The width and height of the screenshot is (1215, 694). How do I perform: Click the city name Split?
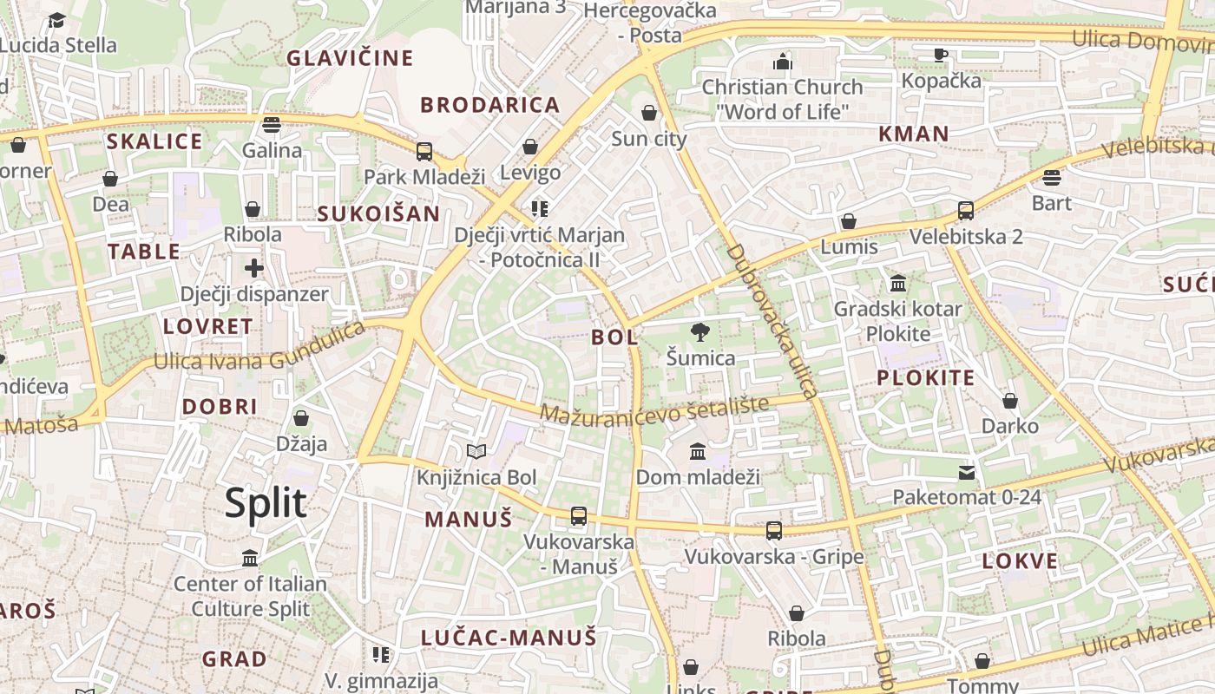pyautogui.click(x=266, y=503)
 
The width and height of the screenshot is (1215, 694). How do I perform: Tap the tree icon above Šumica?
pyautogui.click(x=699, y=332)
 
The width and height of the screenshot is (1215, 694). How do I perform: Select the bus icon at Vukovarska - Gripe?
pyautogui.click(x=773, y=531)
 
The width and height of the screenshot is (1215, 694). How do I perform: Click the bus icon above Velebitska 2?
pyautogui.click(x=965, y=211)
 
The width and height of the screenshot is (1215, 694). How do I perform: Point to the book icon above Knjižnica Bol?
pyautogui.click(x=476, y=451)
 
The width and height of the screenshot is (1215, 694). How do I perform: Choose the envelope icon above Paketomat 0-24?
pyautogui.click(x=967, y=473)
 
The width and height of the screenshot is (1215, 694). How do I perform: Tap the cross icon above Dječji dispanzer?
pyautogui.click(x=253, y=268)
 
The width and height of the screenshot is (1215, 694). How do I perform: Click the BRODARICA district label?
pyautogui.click(x=490, y=105)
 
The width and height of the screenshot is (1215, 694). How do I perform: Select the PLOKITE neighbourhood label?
pyautogui.click(x=925, y=377)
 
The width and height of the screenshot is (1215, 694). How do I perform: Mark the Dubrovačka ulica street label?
pyautogui.click(x=772, y=321)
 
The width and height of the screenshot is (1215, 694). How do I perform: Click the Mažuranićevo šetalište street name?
pyautogui.click(x=654, y=409)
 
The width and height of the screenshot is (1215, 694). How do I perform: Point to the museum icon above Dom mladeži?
pyautogui.click(x=698, y=452)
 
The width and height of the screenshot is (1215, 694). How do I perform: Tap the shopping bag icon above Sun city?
pyautogui.click(x=648, y=114)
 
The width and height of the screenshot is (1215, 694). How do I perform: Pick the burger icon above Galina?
pyautogui.click(x=272, y=125)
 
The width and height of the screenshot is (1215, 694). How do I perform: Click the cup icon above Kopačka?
pyautogui.click(x=941, y=56)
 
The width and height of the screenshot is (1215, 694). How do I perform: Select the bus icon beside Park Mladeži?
pyautogui.click(x=424, y=152)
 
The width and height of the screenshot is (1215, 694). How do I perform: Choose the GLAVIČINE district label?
pyautogui.click(x=350, y=58)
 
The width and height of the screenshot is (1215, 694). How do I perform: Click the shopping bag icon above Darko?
pyautogui.click(x=1009, y=401)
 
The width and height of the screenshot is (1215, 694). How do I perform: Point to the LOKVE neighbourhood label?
pyautogui.click(x=1020, y=560)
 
